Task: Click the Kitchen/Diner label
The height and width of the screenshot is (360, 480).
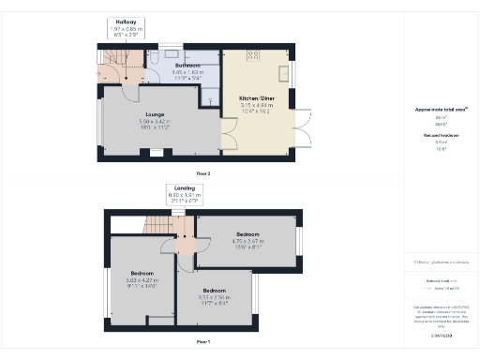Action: [x=255, y=97]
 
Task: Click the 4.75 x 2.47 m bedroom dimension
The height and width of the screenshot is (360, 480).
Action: [x=247, y=240]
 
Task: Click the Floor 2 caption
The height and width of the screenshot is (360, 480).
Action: [x=203, y=173]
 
